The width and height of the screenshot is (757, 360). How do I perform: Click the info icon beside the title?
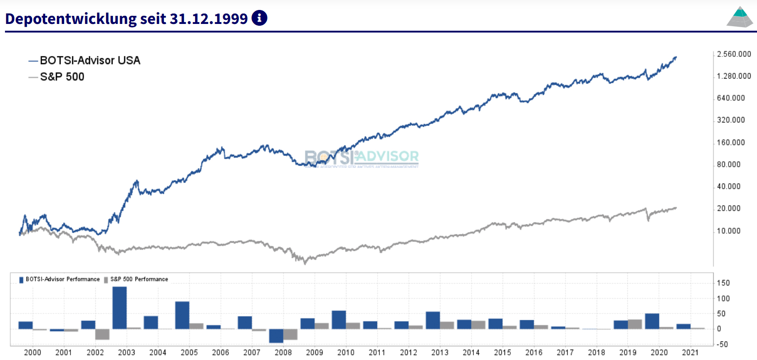259,18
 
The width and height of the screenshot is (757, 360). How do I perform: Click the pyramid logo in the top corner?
740,17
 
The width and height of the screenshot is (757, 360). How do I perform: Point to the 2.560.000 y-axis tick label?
734,54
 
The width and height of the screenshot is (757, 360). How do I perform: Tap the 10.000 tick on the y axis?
729,231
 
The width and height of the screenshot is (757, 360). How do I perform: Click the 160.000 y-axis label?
731,142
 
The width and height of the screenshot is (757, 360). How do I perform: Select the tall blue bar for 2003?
120,308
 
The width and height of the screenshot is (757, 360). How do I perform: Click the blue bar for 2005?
182,315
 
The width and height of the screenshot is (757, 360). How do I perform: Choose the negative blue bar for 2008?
276,336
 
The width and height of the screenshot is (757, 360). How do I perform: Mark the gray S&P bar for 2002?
103,334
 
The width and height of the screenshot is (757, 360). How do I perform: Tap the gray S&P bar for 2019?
635,324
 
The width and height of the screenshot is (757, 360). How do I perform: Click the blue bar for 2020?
652,321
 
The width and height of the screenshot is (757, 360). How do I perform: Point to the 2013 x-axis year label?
439,352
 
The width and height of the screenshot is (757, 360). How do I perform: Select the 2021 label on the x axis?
690,352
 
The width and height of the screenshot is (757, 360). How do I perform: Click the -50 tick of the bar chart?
723,344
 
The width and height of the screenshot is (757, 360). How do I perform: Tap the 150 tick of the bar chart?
723,283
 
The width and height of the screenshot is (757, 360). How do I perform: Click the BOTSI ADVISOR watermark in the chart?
362,158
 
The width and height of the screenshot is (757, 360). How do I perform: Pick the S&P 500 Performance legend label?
139,279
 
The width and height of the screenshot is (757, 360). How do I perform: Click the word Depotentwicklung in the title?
71,19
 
